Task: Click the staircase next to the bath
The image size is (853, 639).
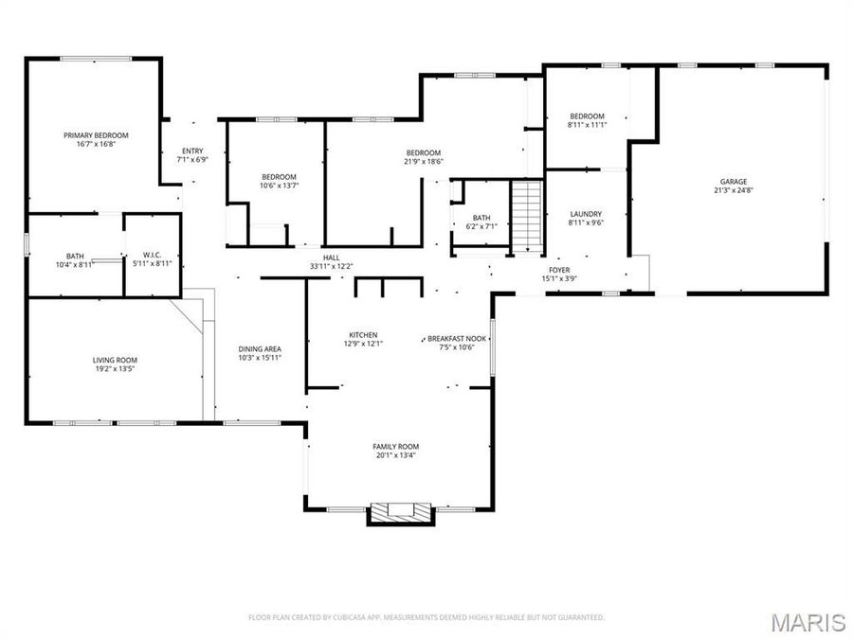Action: click(525, 217)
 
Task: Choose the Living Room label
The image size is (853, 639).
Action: click(115, 360)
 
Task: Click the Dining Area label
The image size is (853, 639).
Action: click(259, 349)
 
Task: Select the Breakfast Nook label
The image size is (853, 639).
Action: click(457, 338)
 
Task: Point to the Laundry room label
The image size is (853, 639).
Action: click(586, 214)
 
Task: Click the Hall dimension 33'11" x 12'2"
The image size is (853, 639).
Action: click(331, 266)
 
